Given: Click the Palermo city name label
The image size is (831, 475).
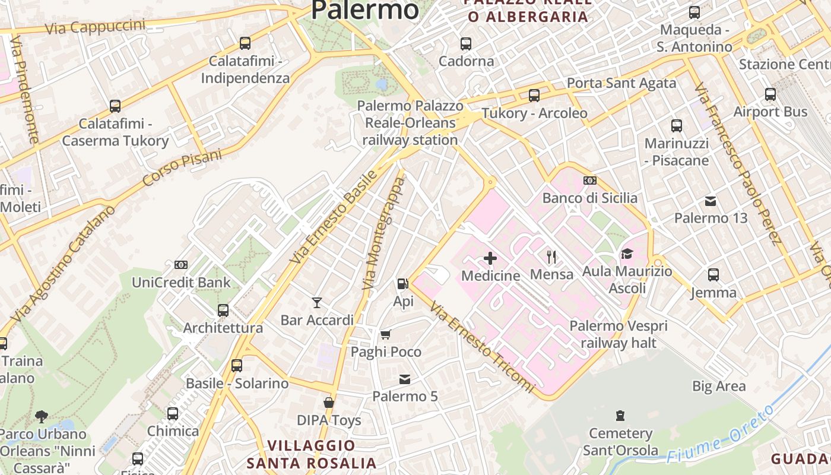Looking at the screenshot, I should click(364, 9).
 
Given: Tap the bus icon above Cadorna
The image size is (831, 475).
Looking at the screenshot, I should click(466, 43).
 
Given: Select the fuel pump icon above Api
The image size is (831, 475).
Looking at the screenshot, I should click(403, 284).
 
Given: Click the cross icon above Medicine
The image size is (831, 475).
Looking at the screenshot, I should click(490, 258).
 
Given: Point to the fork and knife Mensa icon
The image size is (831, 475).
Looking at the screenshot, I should click(552, 256).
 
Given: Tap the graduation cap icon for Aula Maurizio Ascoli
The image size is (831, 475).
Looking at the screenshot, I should click(627, 254).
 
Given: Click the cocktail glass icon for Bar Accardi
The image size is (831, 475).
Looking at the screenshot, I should click(317, 303).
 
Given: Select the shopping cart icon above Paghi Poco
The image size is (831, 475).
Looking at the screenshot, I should click(386, 335).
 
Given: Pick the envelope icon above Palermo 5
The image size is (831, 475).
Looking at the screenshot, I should click(405, 379).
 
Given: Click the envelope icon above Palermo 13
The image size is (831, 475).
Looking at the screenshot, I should click(711, 201).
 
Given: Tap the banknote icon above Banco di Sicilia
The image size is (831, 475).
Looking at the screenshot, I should click(590, 180).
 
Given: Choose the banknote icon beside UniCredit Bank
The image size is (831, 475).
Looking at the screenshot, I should click(181, 265).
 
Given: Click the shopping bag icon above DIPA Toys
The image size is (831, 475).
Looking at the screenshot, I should click(329, 403).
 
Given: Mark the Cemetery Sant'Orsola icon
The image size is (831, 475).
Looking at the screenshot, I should click(620, 416).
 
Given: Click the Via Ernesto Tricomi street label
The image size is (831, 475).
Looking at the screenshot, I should click(482, 347).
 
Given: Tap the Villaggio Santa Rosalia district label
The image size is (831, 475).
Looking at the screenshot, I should click(312, 454).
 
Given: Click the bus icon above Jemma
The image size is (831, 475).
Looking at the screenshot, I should click(713, 275).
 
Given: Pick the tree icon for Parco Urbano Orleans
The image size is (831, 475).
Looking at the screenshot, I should click(42, 416).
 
